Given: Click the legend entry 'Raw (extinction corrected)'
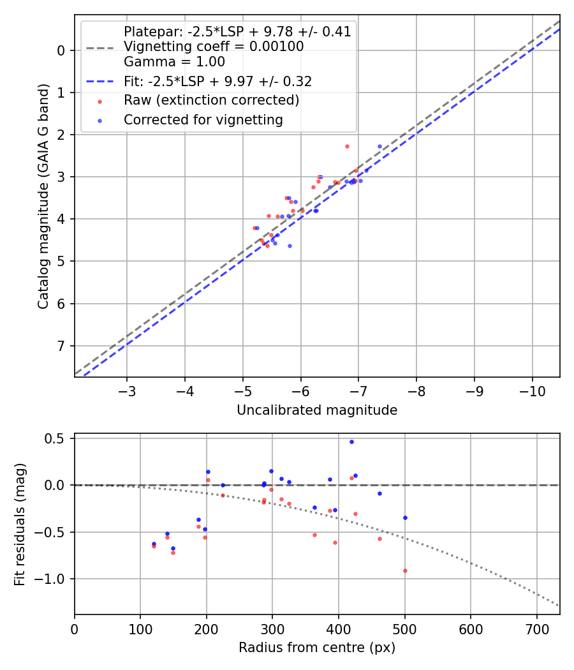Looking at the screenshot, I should (x=211, y=100).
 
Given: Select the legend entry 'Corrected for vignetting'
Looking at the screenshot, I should (x=203, y=119).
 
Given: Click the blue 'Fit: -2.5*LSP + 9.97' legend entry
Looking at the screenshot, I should (x=217, y=82).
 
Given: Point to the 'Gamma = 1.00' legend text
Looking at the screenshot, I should (x=174, y=62).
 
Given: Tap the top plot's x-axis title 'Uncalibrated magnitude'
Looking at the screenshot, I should (x=317, y=410).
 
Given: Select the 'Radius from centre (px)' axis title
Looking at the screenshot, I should (x=317, y=648).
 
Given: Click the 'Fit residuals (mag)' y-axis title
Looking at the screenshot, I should (x=20, y=524).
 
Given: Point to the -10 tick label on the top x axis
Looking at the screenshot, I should (x=532, y=390).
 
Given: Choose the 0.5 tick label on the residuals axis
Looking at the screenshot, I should (x=57, y=438).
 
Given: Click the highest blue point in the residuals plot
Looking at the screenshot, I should (x=351, y=442).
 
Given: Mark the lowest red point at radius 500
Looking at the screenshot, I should (x=405, y=570).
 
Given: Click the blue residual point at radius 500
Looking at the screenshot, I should (x=405, y=517).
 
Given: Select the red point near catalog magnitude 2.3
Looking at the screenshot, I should (x=347, y=146).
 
